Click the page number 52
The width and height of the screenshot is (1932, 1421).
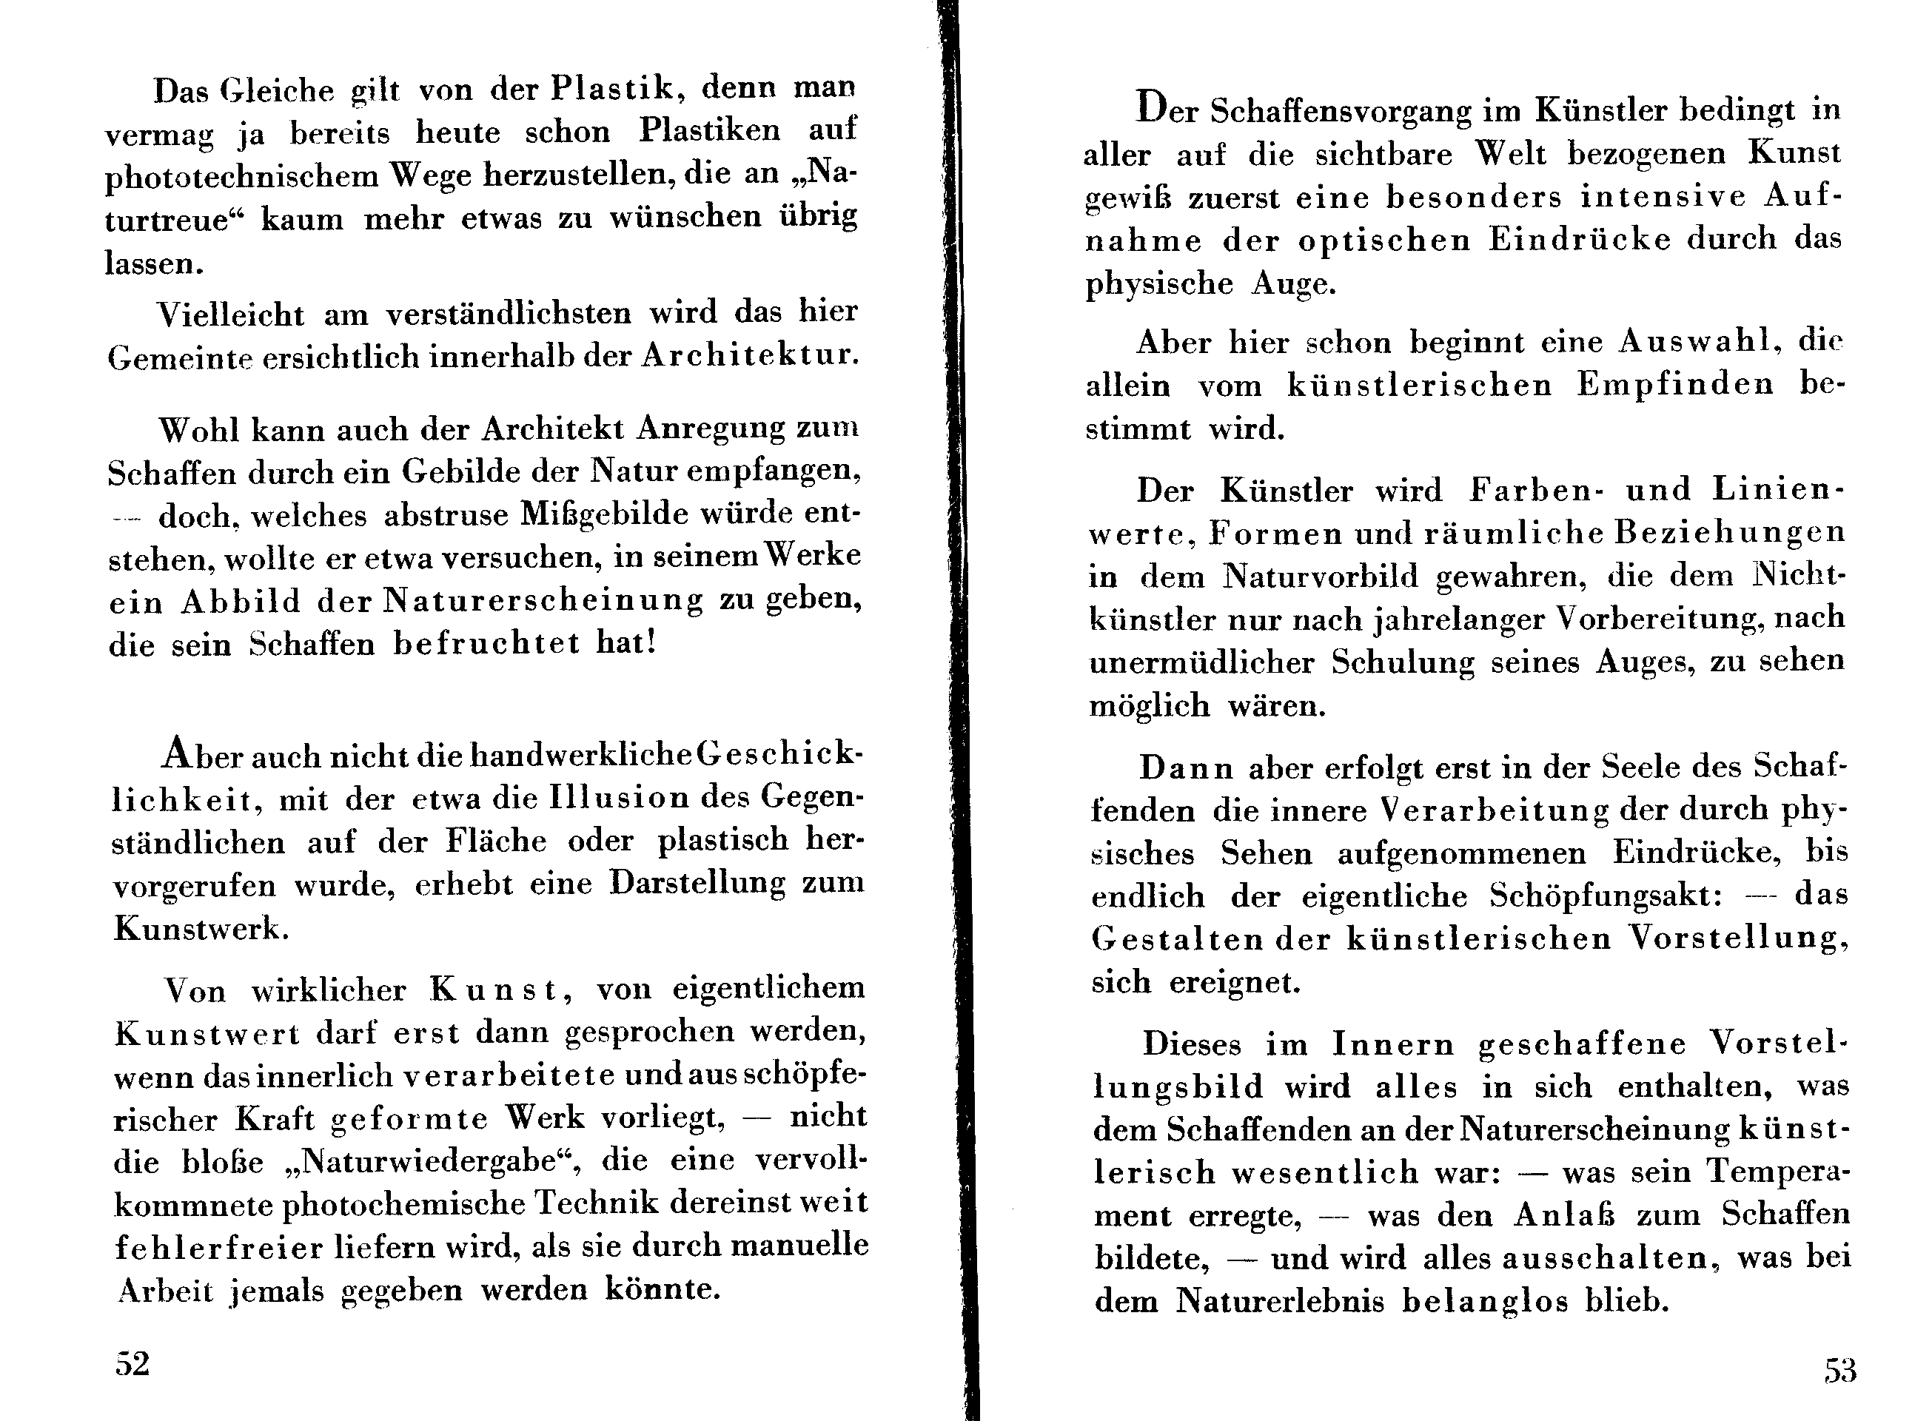(133, 1363)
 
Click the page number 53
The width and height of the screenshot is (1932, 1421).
(1840, 1370)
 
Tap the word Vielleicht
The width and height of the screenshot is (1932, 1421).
(230, 314)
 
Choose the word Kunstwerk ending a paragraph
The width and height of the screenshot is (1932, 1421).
(197, 929)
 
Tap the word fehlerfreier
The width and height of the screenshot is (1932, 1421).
(219, 1247)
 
